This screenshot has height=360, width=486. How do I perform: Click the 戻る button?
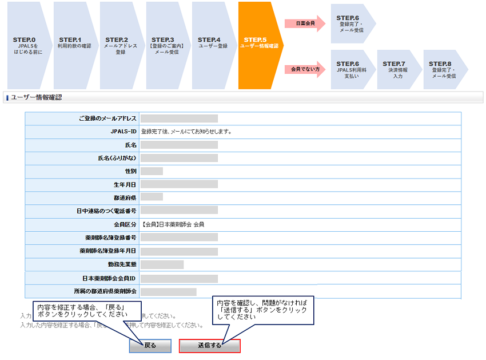coord(150,346)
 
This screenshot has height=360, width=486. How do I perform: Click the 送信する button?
coord(209,346)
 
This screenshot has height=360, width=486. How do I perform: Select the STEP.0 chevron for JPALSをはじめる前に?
coord(26,45)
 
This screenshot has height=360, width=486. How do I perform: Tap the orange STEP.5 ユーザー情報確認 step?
coord(259,45)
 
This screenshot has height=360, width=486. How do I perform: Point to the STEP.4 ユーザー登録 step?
coord(212,45)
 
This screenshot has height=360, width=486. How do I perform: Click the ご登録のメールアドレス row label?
coord(107,118)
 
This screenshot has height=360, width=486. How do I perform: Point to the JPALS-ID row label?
coord(123,132)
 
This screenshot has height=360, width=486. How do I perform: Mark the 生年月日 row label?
coord(125,184)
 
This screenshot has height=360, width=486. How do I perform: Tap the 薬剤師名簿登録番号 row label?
coord(107,237)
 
